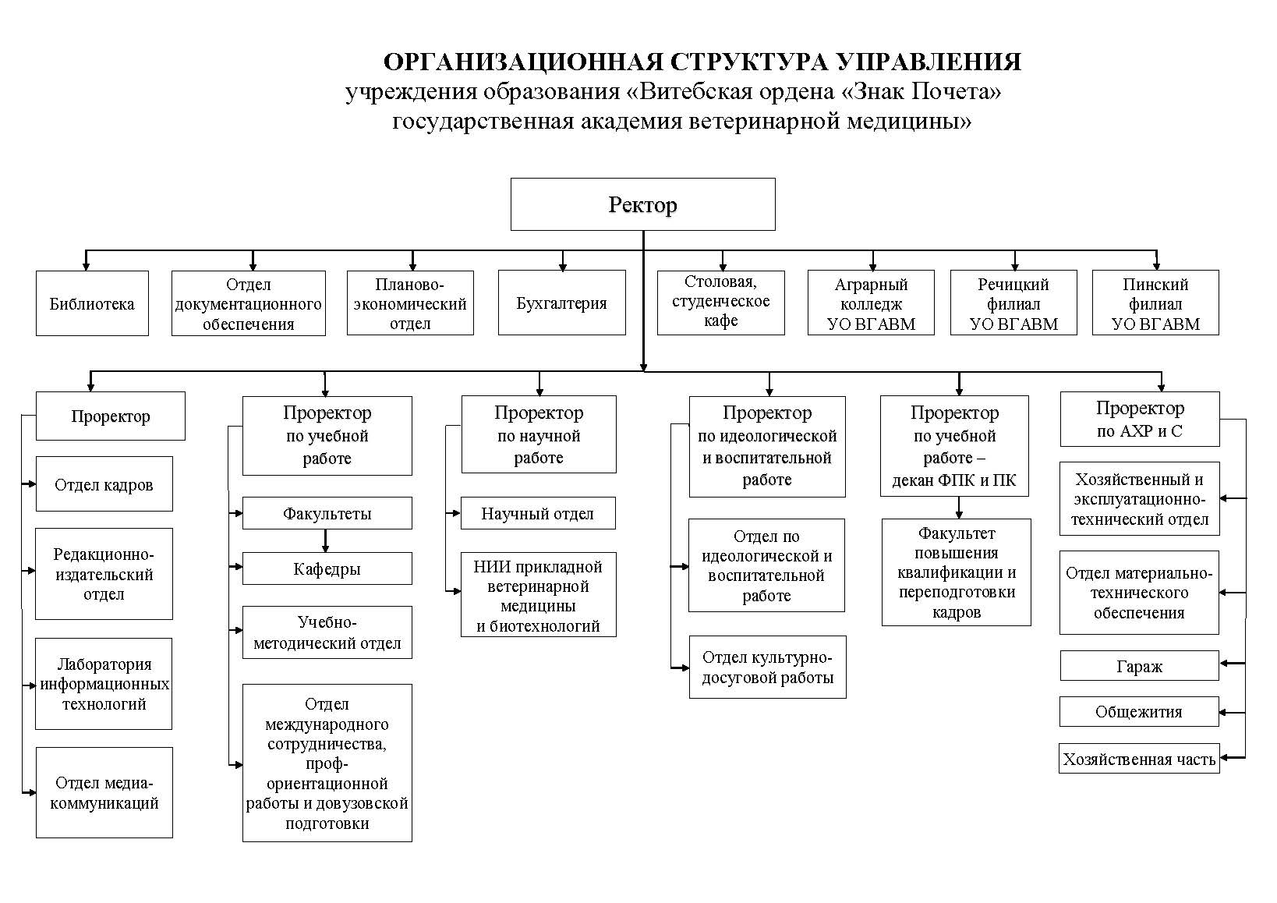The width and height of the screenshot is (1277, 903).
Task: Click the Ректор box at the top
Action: click(642, 204)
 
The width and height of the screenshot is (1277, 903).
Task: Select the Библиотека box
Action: click(92, 303)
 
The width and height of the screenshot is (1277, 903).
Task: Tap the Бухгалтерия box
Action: click(561, 303)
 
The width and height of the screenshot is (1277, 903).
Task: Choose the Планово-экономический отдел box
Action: click(410, 303)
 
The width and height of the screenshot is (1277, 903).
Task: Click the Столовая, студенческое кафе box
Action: click(720, 302)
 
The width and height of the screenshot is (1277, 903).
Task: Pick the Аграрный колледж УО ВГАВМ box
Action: click(871, 303)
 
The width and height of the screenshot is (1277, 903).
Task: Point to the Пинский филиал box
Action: click(1155, 303)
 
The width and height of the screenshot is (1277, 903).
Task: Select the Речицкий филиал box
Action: click(1013, 303)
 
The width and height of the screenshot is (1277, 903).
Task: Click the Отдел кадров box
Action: click(104, 484)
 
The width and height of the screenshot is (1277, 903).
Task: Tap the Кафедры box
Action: click(327, 568)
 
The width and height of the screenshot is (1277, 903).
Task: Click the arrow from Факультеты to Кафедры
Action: click(326, 541)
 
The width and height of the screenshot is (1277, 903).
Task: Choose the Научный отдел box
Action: click(538, 513)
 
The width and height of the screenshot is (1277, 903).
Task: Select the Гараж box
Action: click(1140, 665)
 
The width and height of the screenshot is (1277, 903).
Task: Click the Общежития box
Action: click(1139, 711)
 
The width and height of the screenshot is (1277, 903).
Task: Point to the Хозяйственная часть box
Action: click(1139, 758)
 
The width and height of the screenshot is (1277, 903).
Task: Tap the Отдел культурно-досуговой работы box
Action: click(767, 667)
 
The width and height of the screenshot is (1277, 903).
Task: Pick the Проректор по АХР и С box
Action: click(1140, 419)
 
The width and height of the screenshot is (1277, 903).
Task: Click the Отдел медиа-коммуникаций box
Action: click(104, 792)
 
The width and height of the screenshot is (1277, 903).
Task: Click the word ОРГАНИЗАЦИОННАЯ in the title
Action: click(523, 62)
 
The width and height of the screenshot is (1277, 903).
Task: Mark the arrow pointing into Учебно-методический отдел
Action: click(235, 630)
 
